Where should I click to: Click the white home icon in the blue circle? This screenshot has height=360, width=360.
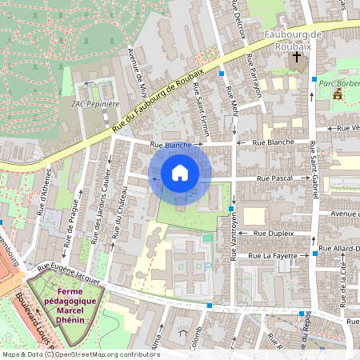click(180, 172)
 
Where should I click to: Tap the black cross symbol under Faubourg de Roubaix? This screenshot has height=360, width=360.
click(297, 57)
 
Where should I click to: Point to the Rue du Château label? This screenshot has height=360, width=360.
click(121, 212)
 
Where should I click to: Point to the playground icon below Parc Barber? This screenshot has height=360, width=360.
click(338, 94)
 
